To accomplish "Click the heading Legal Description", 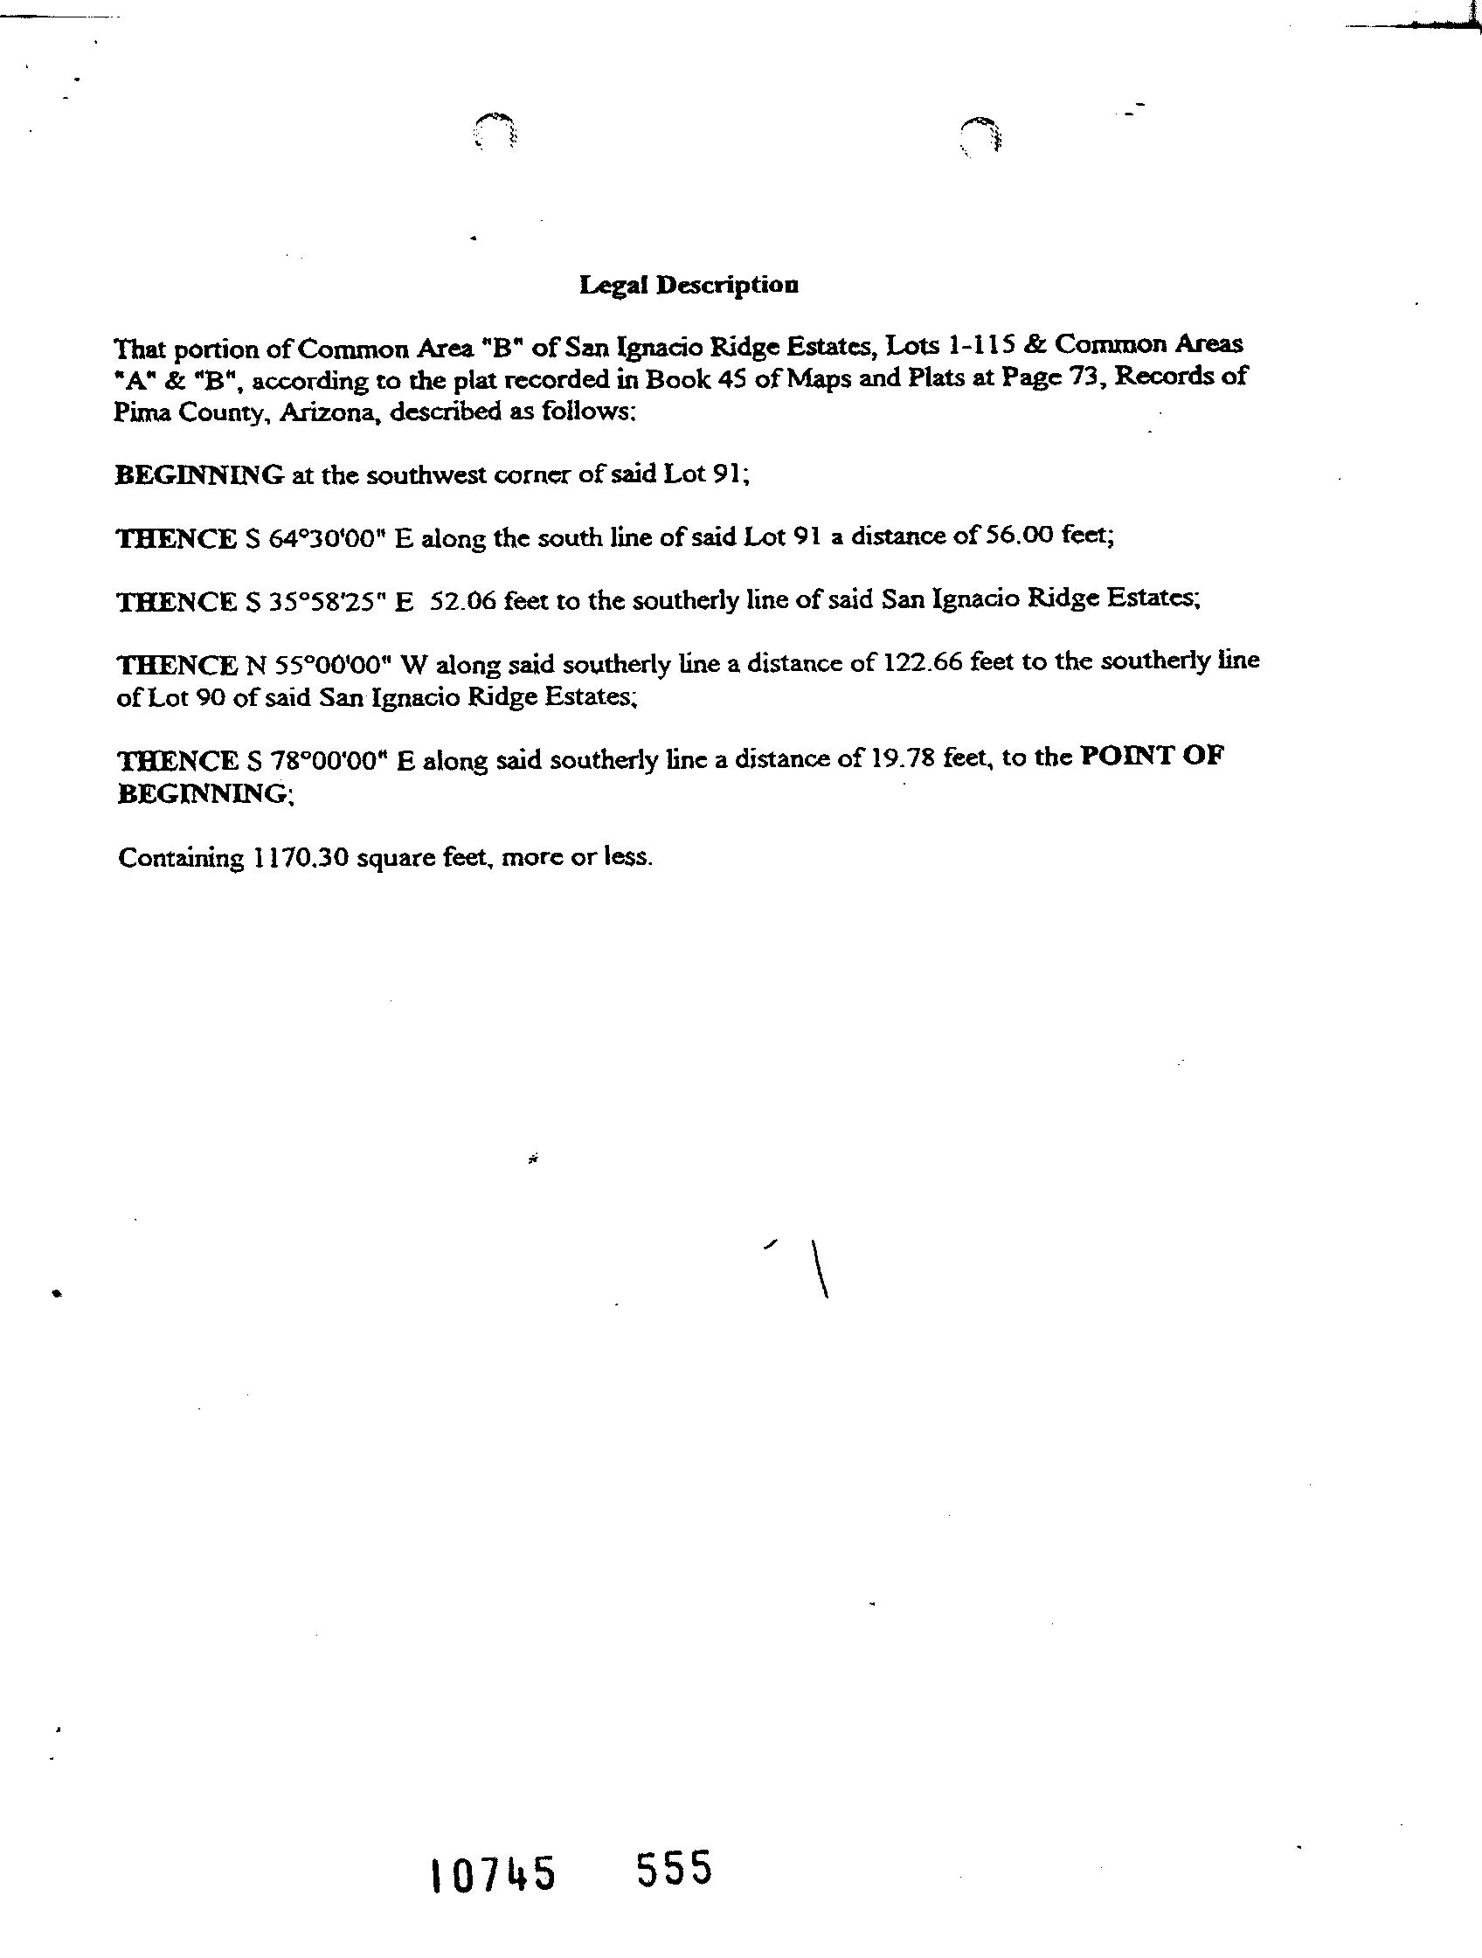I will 689,285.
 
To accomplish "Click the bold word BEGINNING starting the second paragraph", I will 199,475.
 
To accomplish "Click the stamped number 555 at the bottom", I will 674,1869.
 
